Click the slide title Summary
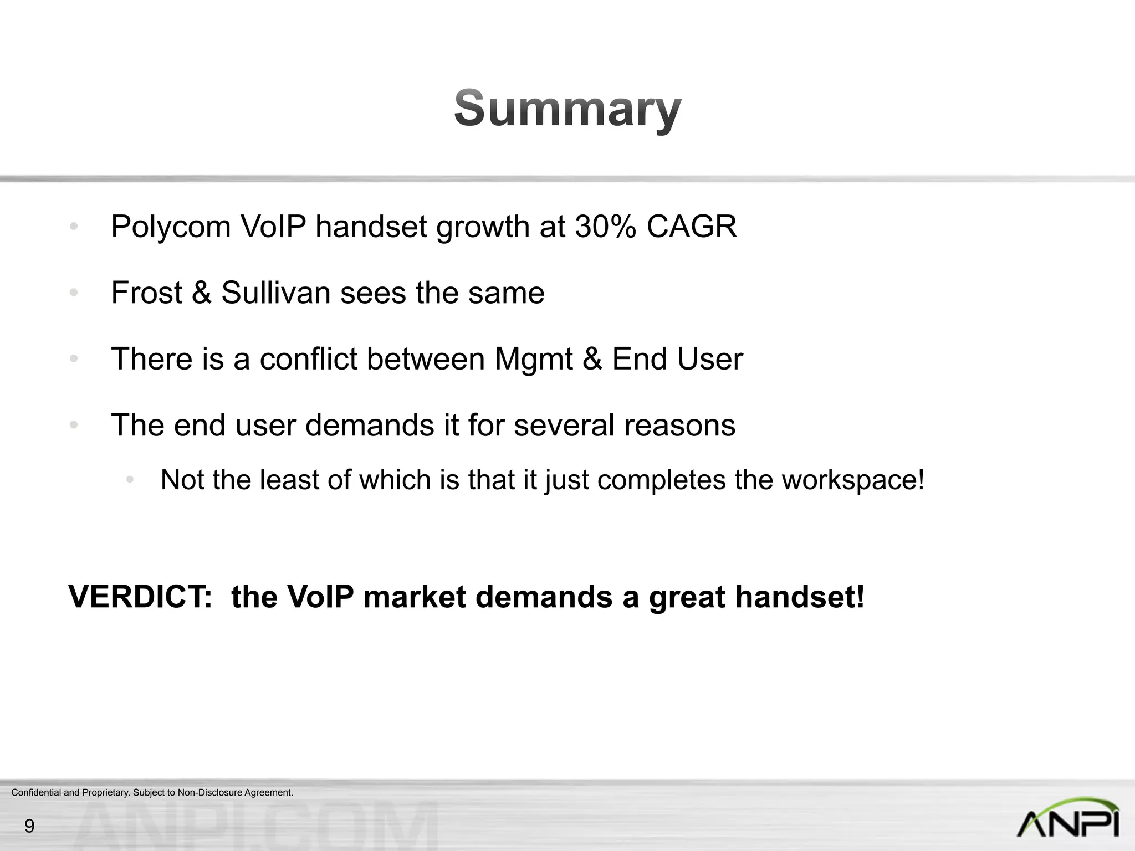point(567,109)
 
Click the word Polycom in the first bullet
point(171,227)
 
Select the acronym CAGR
point(692,227)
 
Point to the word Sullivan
point(276,293)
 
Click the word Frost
point(146,293)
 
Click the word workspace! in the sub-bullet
point(853,480)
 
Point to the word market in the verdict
point(414,597)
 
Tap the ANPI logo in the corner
point(1068,818)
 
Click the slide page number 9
point(29,826)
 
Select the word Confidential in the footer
point(36,793)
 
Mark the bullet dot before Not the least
point(130,480)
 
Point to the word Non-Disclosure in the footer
point(210,793)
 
